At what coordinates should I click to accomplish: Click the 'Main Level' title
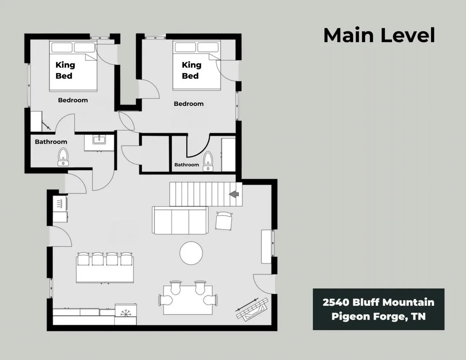379,35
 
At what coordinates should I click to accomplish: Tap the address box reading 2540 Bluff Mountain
379,309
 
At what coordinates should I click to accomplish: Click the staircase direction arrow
234,194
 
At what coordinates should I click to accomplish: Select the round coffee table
191,253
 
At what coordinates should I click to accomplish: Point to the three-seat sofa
180,220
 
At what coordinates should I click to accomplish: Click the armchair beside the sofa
224,221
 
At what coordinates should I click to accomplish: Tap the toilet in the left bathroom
63,157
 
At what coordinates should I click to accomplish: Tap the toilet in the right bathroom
208,161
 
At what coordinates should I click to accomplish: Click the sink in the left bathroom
99,139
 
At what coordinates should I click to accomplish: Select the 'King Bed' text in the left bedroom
65,70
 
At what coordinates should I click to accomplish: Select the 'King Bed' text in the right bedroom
191,70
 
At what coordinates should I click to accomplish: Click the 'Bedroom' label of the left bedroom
73,100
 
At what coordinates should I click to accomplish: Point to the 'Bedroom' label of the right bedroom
189,104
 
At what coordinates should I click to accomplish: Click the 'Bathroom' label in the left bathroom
51,142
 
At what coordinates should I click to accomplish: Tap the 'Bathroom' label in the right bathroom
186,165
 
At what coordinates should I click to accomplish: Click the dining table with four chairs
188,298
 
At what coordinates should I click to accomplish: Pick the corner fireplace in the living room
252,309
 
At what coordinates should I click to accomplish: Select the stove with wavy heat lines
60,203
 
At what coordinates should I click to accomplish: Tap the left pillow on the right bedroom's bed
185,47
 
